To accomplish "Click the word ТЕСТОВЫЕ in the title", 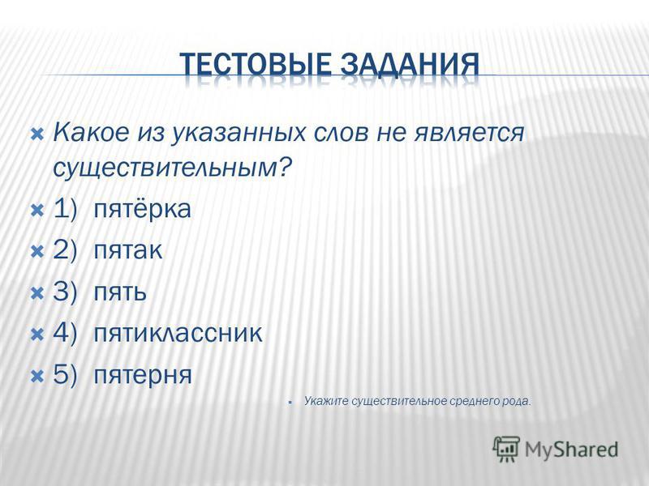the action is click(256, 65).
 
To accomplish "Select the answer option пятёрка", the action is click(142, 209).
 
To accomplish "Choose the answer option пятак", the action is click(127, 251).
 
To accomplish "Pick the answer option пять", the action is click(120, 292).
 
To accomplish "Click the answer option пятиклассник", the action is click(178, 333).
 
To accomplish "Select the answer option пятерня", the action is click(143, 375).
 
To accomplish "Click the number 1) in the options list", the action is click(66, 209).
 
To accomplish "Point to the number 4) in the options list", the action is click(66, 333).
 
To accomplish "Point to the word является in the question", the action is click(469, 134).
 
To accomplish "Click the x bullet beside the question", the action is click(37, 134).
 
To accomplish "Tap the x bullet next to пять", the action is click(37, 293).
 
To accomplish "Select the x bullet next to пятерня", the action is click(37, 376).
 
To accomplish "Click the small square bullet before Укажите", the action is click(291, 402).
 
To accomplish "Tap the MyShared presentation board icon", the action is click(506, 449).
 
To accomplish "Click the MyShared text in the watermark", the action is click(571, 450).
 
